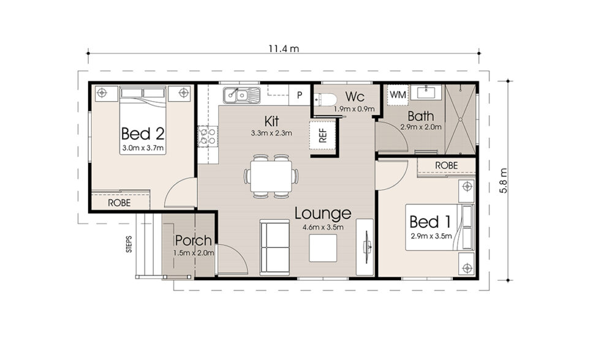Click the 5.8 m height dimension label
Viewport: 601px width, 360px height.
tap(504, 181)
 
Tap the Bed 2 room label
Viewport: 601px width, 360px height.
tap(142, 133)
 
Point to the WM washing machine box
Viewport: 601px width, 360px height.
tap(398, 95)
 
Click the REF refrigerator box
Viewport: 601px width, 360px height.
tap(322, 135)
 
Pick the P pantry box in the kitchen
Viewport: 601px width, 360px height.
tap(300, 95)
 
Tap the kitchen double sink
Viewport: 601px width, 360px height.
tap(241, 95)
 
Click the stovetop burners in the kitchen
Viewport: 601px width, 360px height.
tap(205, 135)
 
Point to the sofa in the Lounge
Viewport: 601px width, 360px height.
tap(274, 246)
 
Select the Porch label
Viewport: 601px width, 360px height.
tap(193, 241)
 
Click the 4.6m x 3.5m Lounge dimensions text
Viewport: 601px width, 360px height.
tap(322, 228)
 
